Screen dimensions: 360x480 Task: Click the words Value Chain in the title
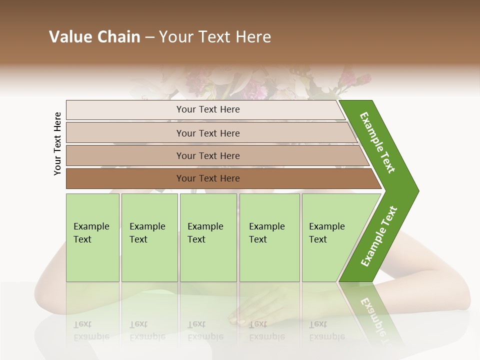point(94,37)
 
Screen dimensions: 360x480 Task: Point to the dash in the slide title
point(149,37)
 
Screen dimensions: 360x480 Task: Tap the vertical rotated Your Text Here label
point(57,143)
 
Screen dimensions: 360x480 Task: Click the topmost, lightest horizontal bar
point(205,109)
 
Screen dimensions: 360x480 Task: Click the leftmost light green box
point(92,237)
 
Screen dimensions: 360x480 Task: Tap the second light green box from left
point(149,237)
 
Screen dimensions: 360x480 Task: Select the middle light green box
point(208,237)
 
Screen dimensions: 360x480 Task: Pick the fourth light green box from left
point(269,237)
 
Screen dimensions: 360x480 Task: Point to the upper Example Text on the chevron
point(377,142)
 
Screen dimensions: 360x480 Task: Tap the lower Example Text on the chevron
point(379,236)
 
